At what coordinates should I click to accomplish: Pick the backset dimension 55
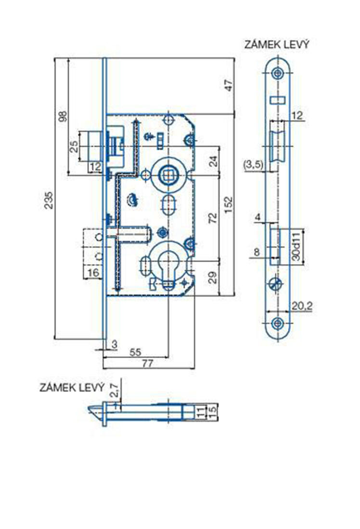coord(136,352)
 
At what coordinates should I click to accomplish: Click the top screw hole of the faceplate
coord(277,73)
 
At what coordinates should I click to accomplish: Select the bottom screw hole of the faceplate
coord(277,323)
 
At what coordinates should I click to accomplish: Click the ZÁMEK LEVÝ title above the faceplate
coord(277,45)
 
